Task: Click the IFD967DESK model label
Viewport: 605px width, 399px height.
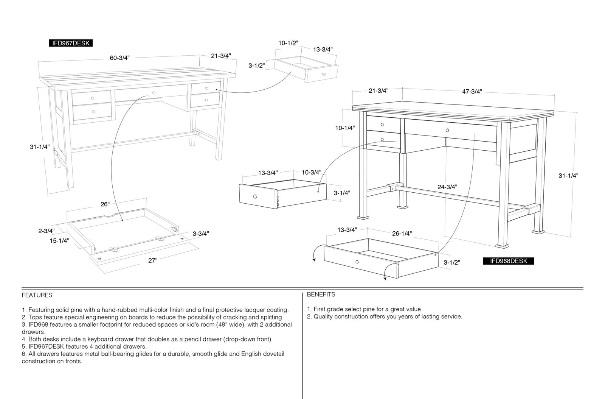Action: [x=71, y=43]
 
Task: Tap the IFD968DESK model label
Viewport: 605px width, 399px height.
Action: [x=509, y=261]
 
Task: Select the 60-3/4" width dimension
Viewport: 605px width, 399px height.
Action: [x=119, y=58]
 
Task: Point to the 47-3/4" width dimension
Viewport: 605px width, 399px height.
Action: [x=472, y=92]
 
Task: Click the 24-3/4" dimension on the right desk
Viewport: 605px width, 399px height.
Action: [x=447, y=187]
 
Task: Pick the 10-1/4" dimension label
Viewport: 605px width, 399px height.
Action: [x=345, y=128]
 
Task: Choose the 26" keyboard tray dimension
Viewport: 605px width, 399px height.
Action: [x=105, y=204]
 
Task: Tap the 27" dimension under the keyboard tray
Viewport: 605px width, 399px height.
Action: [x=153, y=260]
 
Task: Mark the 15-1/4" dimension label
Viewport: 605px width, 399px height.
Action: [x=59, y=241]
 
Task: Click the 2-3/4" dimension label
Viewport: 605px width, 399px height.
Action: [x=47, y=231]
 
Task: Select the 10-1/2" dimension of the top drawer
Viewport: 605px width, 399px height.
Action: [x=288, y=43]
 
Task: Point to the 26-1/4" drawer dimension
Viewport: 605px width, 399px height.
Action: [x=402, y=234]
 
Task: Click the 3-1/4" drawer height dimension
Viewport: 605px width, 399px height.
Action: [x=342, y=193]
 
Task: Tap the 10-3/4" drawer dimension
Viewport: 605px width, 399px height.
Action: [x=312, y=173]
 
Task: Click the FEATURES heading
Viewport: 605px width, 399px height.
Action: [x=37, y=295]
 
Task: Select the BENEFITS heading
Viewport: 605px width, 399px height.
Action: [x=321, y=295]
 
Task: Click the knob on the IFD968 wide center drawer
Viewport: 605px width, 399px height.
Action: [x=447, y=130]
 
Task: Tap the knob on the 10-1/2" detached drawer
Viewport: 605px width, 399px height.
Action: [x=324, y=74]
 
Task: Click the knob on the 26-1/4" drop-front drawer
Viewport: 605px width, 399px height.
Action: [x=357, y=262]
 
